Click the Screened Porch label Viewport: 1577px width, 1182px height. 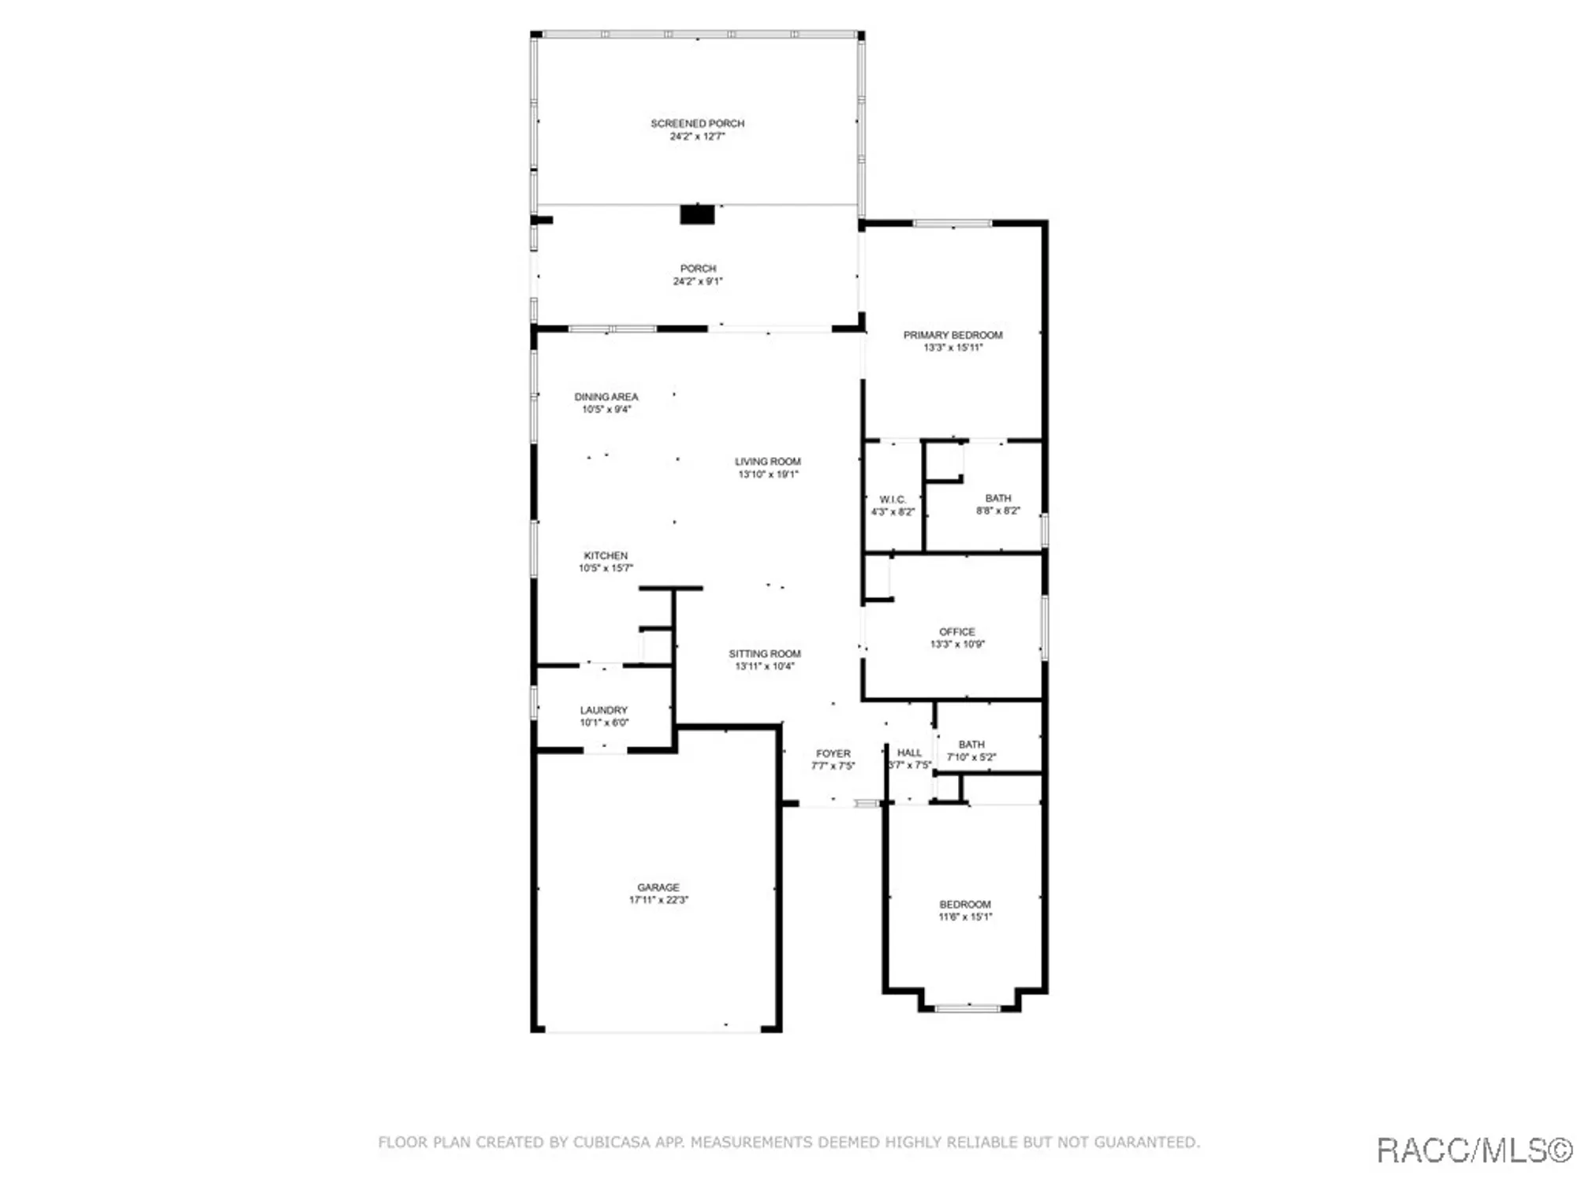(697, 124)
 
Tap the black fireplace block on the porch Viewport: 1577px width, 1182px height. (697, 214)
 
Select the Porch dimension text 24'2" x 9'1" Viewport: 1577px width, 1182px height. (697, 281)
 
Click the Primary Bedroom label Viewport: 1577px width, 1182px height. (953, 335)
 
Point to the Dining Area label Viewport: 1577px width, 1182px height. (606, 397)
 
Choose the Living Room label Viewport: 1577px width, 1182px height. (767, 462)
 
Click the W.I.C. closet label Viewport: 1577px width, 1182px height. (893, 500)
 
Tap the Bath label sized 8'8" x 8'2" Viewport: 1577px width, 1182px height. (997, 498)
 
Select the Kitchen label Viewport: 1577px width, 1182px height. (606, 556)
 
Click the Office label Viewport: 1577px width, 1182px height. (956, 632)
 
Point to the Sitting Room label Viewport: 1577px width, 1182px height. (764, 654)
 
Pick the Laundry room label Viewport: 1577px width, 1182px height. (603, 710)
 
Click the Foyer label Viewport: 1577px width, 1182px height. (833, 754)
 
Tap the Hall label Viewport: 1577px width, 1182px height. (909, 753)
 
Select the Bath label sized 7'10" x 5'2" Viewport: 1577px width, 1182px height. (971, 745)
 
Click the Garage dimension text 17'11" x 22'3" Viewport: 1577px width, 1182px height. (658, 900)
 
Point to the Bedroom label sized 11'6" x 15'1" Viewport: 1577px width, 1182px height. (964, 905)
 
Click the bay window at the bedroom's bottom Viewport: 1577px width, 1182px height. (967, 1008)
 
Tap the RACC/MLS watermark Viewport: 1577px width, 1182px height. (1473, 1150)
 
